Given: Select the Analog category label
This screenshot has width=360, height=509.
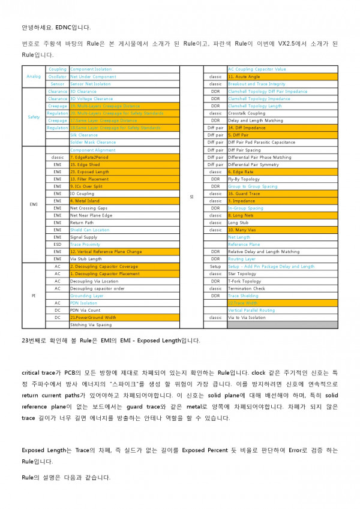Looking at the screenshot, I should coord(34,77).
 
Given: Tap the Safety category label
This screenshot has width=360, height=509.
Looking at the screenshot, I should coord(34,117).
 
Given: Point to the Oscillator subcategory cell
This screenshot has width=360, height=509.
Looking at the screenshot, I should coord(58,77).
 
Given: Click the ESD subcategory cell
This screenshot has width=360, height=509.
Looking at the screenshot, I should coord(58,245).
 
